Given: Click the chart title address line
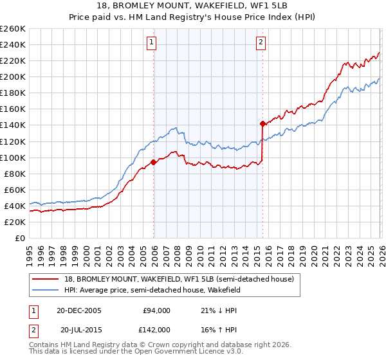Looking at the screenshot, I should pyautogui.click(x=193, y=6).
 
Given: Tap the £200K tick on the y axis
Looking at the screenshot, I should pyautogui.click(x=13, y=76).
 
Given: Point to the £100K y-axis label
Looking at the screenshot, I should pyautogui.click(x=13, y=157).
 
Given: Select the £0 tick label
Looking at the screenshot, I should pyautogui.click(x=21, y=238).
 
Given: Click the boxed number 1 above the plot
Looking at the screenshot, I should pyautogui.click(x=152, y=43).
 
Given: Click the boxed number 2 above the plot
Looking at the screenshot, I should pyautogui.click(x=261, y=43).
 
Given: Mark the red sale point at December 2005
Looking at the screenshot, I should pyautogui.click(x=153, y=162).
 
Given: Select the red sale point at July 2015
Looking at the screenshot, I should pyautogui.click(x=262, y=123).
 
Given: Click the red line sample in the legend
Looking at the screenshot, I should pyautogui.click(x=46, y=279).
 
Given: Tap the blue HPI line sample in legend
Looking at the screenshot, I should pyautogui.click(x=46, y=290).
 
